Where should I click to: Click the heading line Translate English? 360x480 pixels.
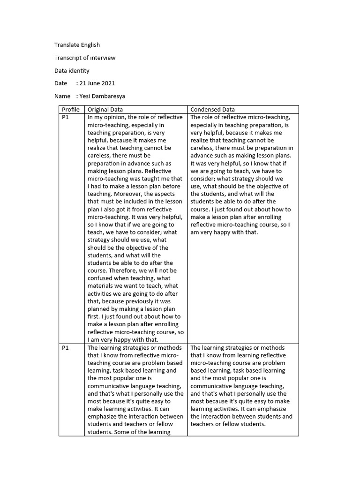[x=77, y=45]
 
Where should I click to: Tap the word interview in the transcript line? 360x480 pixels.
[x=105, y=58]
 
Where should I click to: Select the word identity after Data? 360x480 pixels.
[x=80, y=71]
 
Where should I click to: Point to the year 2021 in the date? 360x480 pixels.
[x=107, y=83]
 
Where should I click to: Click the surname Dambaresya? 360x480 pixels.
[x=109, y=97]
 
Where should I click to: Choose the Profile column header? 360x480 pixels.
[x=71, y=110]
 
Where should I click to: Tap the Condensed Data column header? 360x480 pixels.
[x=213, y=110]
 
